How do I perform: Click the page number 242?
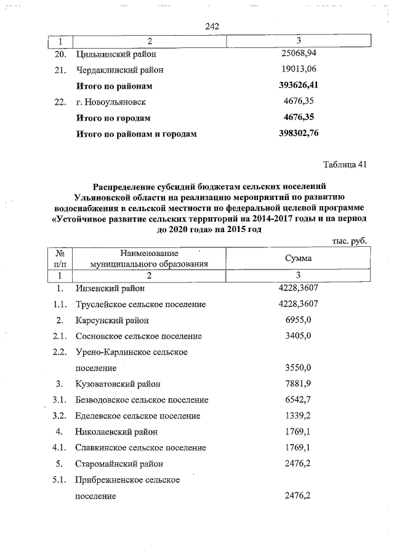pyautogui.click(x=211, y=26)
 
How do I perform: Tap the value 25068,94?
pyautogui.click(x=299, y=54)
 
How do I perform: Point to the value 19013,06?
pyautogui.click(x=299, y=70)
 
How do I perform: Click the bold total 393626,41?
pyautogui.click(x=299, y=86)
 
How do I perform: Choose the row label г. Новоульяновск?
pyautogui.click(x=111, y=102)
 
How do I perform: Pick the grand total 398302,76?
pyautogui.click(x=299, y=133)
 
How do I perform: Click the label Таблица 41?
pyautogui.click(x=345, y=164)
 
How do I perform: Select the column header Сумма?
pyautogui.click(x=298, y=258)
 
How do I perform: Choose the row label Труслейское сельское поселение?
pyautogui.click(x=140, y=304)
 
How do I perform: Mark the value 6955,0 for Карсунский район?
pyautogui.click(x=299, y=320)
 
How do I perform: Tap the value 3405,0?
pyautogui.click(x=299, y=336)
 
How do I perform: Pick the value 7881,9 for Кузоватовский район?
pyautogui.click(x=299, y=384)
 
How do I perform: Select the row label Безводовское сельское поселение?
pyautogui.click(x=142, y=400)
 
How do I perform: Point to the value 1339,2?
pyautogui.click(x=299, y=416)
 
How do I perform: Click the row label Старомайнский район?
pyautogui.click(x=119, y=464)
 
